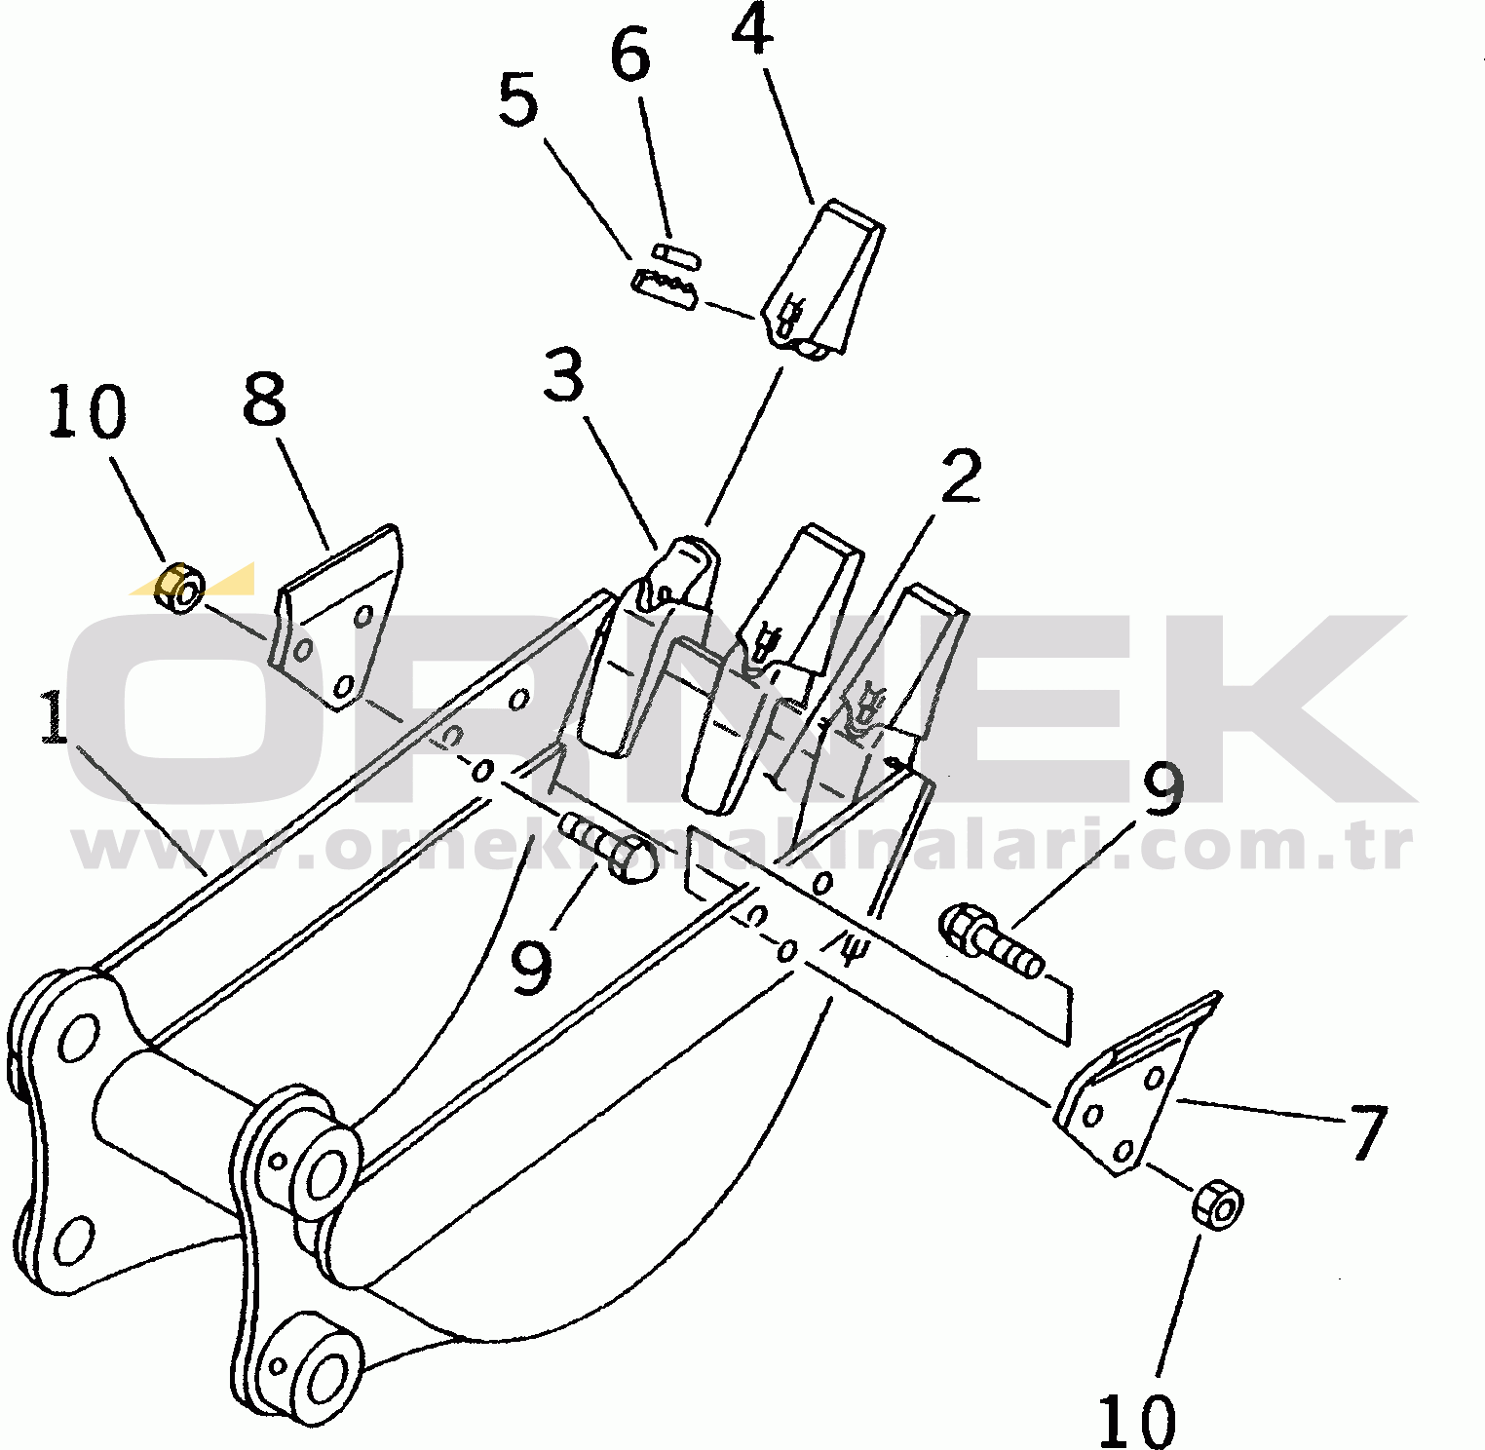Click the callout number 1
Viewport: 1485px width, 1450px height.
click(56, 718)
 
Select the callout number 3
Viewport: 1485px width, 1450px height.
click(563, 376)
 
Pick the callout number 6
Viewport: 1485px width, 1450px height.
click(629, 56)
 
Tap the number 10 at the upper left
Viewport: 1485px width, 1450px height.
click(87, 411)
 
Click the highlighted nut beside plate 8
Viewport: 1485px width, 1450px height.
click(180, 589)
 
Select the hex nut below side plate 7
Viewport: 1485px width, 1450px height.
click(1217, 1205)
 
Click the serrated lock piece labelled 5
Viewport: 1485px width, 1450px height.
click(664, 287)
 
